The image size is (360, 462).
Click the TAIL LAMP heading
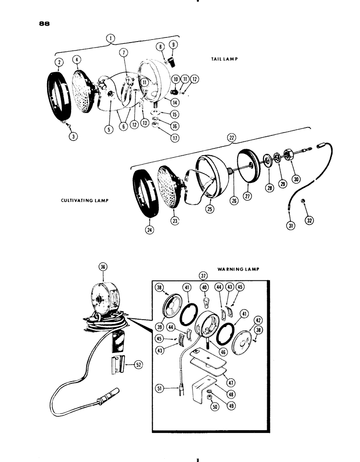pos(219,60)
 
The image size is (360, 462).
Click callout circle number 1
pos(110,39)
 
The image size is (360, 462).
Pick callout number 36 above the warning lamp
pos(102,266)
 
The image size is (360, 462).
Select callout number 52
pos(138,364)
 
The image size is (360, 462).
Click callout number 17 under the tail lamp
pos(162,137)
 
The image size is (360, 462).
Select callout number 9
pos(174,46)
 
